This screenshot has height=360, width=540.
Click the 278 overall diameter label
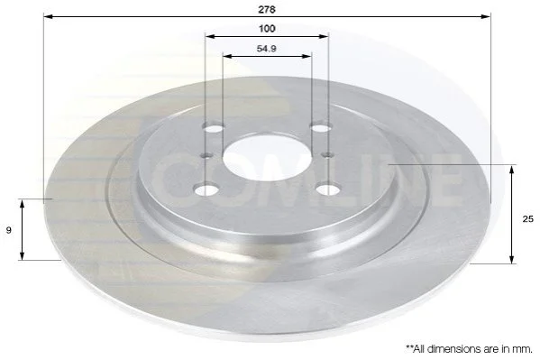pos(267,9)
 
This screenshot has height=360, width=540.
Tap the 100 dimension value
pos(267,29)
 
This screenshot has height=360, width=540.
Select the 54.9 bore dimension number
pos(267,49)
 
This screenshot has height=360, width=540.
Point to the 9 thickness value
pos(9,230)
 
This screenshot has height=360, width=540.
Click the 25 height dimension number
pos(528,218)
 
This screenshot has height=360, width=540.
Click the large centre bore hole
pos(267,158)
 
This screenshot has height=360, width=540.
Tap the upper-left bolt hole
pos(214,128)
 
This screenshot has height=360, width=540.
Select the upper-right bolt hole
pos(320,128)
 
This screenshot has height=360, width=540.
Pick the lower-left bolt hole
pos(206,190)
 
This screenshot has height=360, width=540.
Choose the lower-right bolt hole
pos(328,189)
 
